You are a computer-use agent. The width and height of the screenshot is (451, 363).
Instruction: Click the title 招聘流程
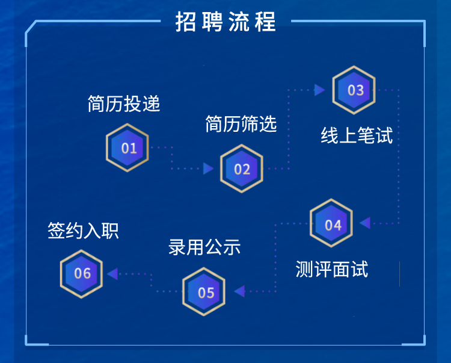226,22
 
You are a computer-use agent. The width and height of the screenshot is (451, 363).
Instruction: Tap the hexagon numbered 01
127,147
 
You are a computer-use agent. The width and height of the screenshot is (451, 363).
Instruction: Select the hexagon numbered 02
242,169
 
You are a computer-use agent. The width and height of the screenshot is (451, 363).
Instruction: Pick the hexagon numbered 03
354,90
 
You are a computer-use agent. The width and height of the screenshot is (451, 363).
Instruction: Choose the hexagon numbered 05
204,292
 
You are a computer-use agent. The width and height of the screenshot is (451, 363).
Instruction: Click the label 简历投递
124,104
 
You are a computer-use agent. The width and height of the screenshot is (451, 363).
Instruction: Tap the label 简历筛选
241,124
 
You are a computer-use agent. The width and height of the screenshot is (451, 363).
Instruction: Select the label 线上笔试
357,135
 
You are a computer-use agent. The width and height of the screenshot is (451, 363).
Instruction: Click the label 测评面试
331,269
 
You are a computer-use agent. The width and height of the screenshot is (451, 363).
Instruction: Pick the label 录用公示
204,247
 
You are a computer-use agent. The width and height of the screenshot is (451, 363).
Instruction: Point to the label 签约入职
83,231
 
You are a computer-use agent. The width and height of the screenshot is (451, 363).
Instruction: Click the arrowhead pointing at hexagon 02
209,169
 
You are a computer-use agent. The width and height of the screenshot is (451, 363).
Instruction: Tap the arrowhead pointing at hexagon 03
319,90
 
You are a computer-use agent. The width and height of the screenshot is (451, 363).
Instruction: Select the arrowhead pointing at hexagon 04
365,224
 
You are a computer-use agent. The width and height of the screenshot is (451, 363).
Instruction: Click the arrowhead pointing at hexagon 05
239,292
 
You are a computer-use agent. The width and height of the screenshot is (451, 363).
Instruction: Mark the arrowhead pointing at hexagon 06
112,274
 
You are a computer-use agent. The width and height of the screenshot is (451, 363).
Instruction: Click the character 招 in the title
186,22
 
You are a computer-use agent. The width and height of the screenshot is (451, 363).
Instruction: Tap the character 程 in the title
265,22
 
